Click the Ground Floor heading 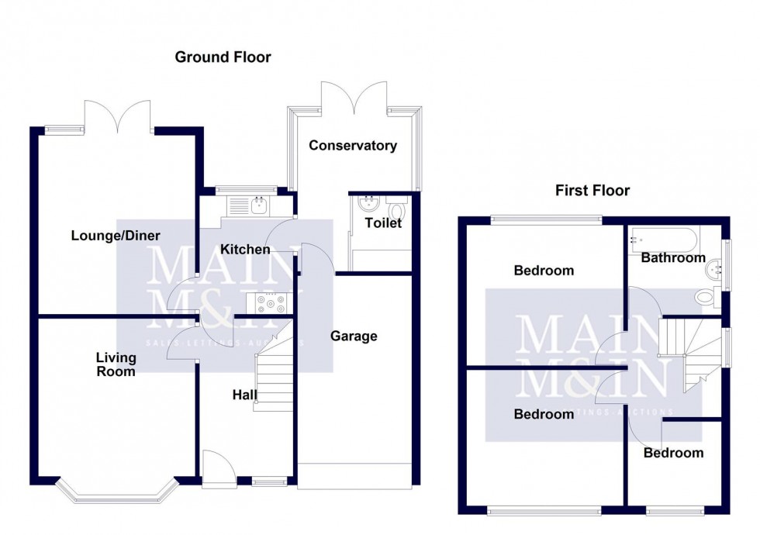pos(223,57)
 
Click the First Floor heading pos(592,190)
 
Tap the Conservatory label pos(353,145)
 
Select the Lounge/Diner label pos(116,236)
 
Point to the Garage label pos(354,336)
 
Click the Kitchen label pos(245,249)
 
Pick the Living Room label pos(116,364)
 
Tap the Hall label pos(245,395)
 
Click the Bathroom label pos(672,257)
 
